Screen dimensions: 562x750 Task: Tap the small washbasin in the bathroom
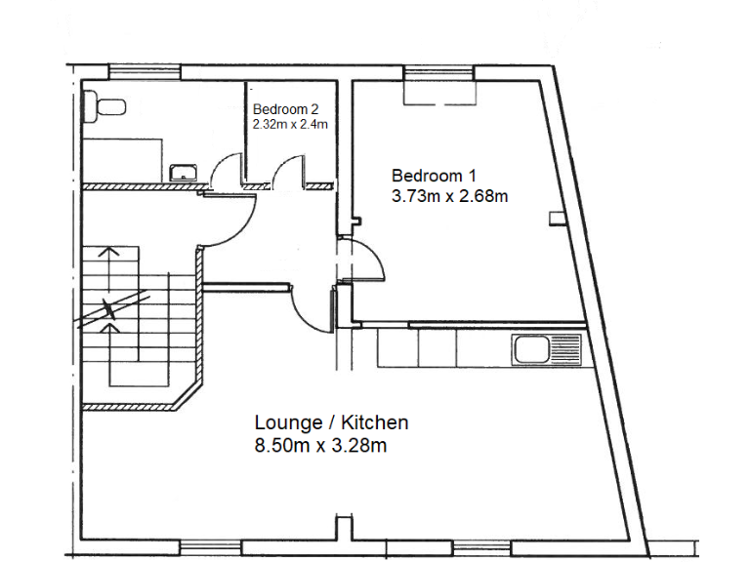click(x=182, y=173)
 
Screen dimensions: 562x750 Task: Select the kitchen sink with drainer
click(x=547, y=348)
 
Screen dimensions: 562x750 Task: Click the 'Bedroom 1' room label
click(x=434, y=176)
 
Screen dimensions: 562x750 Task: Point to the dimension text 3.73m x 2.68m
click(x=449, y=196)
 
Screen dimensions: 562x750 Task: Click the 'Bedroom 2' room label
click(x=285, y=109)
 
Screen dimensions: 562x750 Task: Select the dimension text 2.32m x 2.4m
click(x=290, y=125)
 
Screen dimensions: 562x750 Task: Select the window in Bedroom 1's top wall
click(x=438, y=71)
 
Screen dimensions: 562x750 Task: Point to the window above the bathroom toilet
click(x=144, y=70)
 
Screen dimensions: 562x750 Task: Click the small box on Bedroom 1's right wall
click(x=556, y=218)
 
